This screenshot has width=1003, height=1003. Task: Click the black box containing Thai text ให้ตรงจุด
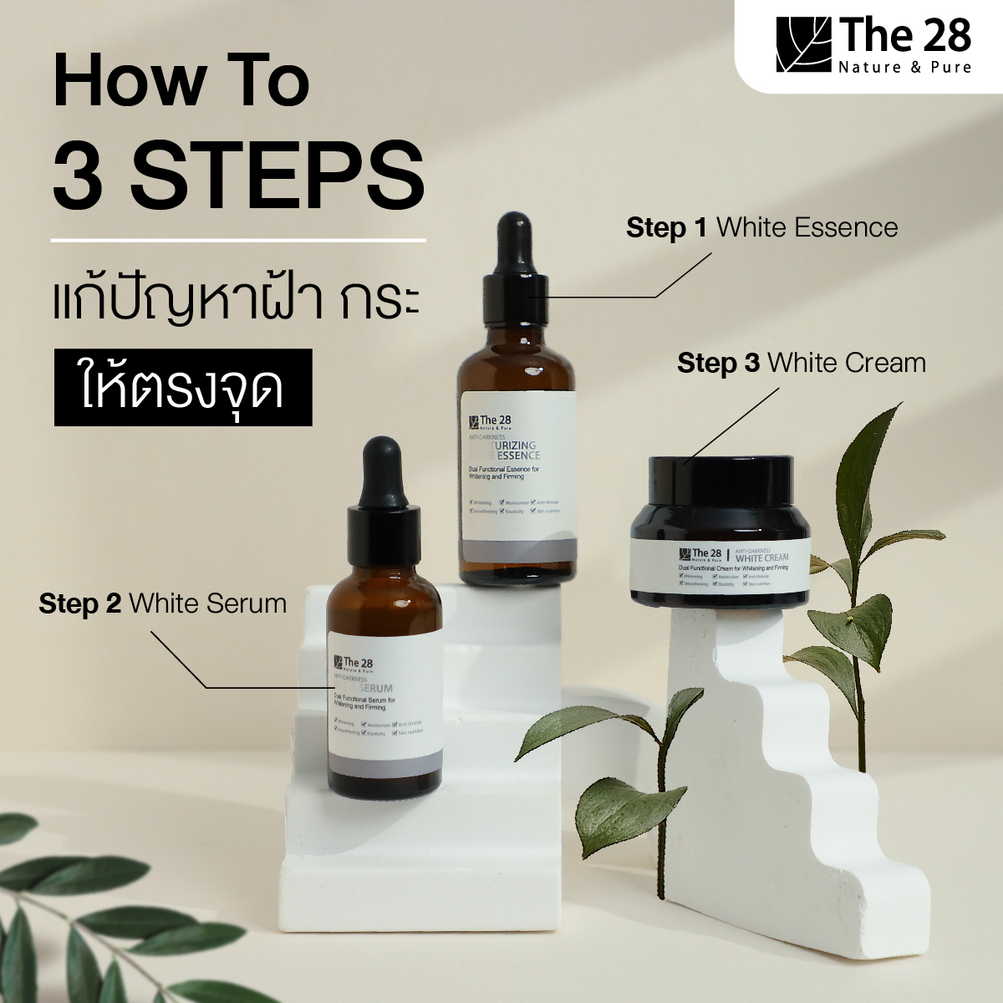(x=183, y=388)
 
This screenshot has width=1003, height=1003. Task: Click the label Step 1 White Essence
(x=761, y=227)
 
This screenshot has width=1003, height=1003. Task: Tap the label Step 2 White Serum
(x=162, y=603)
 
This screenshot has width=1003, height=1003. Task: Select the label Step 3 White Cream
(x=801, y=363)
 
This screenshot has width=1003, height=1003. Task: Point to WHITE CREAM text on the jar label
(x=761, y=558)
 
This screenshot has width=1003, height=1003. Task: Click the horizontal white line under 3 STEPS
(x=238, y=241)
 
